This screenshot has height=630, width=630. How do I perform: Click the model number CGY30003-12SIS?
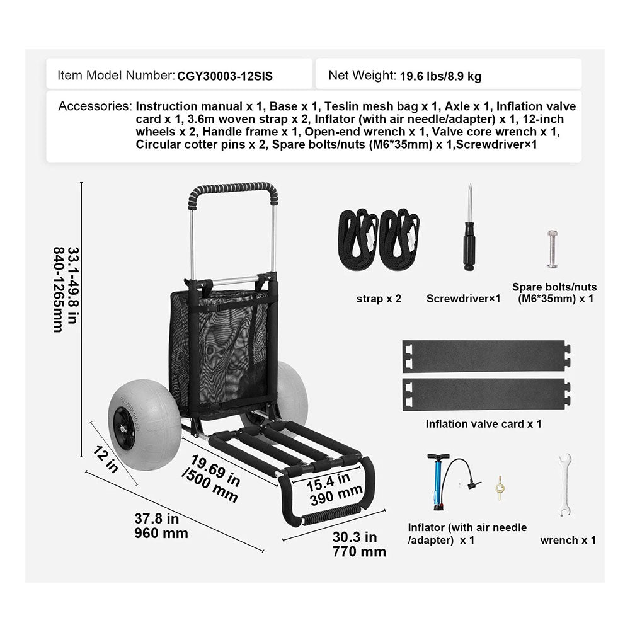[x=225, y=76]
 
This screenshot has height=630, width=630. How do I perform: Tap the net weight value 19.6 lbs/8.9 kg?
[x=441, y=76]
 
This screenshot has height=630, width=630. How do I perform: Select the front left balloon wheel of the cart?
[x=133, y=428]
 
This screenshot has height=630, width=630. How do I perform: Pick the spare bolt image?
[x=552, y=249]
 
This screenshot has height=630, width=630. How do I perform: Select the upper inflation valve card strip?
[x=486, y=356]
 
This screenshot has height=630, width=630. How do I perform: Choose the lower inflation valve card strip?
[x=486, y=394]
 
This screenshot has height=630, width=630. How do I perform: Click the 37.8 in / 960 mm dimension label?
[x=161, y=526]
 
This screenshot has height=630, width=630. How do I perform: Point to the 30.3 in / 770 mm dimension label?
[x=359, y=544]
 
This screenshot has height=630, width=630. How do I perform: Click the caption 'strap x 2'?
[x=379, y=299]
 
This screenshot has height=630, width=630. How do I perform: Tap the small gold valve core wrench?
[x=500, y=488]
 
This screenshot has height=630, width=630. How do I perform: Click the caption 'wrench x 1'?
[x=568, y=541]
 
